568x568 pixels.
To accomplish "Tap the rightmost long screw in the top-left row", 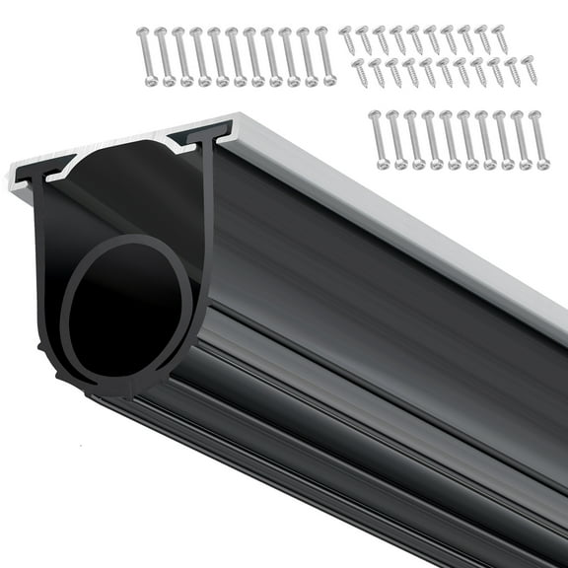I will (328, 56).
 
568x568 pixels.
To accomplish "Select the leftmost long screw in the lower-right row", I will (375, 139).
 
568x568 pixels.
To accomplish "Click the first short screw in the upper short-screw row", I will (348, 40).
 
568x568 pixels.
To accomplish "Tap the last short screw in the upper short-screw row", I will (499, 39).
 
